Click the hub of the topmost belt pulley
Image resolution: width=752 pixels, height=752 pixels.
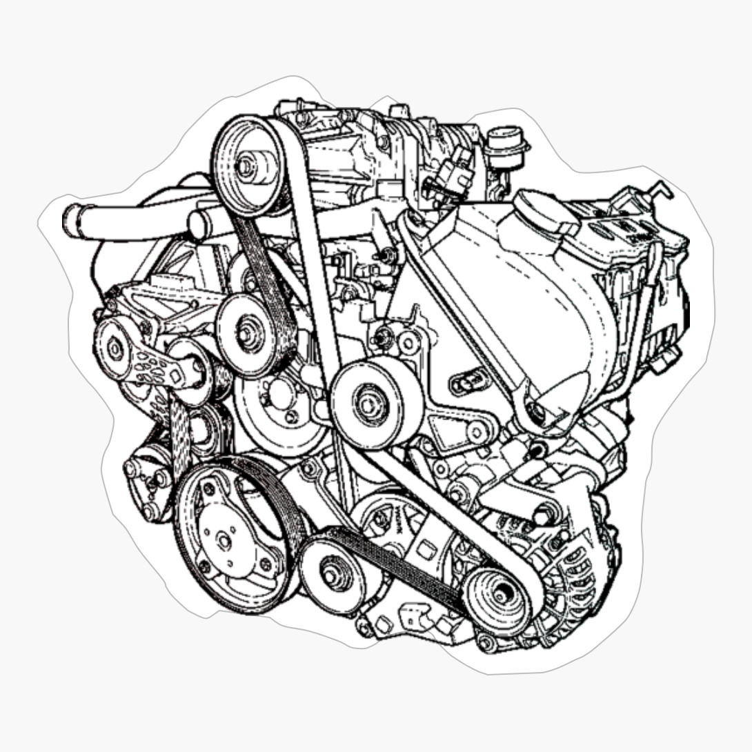click(246, 166)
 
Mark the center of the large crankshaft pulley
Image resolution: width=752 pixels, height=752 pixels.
click(224, 540)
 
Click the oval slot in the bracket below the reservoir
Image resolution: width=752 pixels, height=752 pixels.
click(469, 379)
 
